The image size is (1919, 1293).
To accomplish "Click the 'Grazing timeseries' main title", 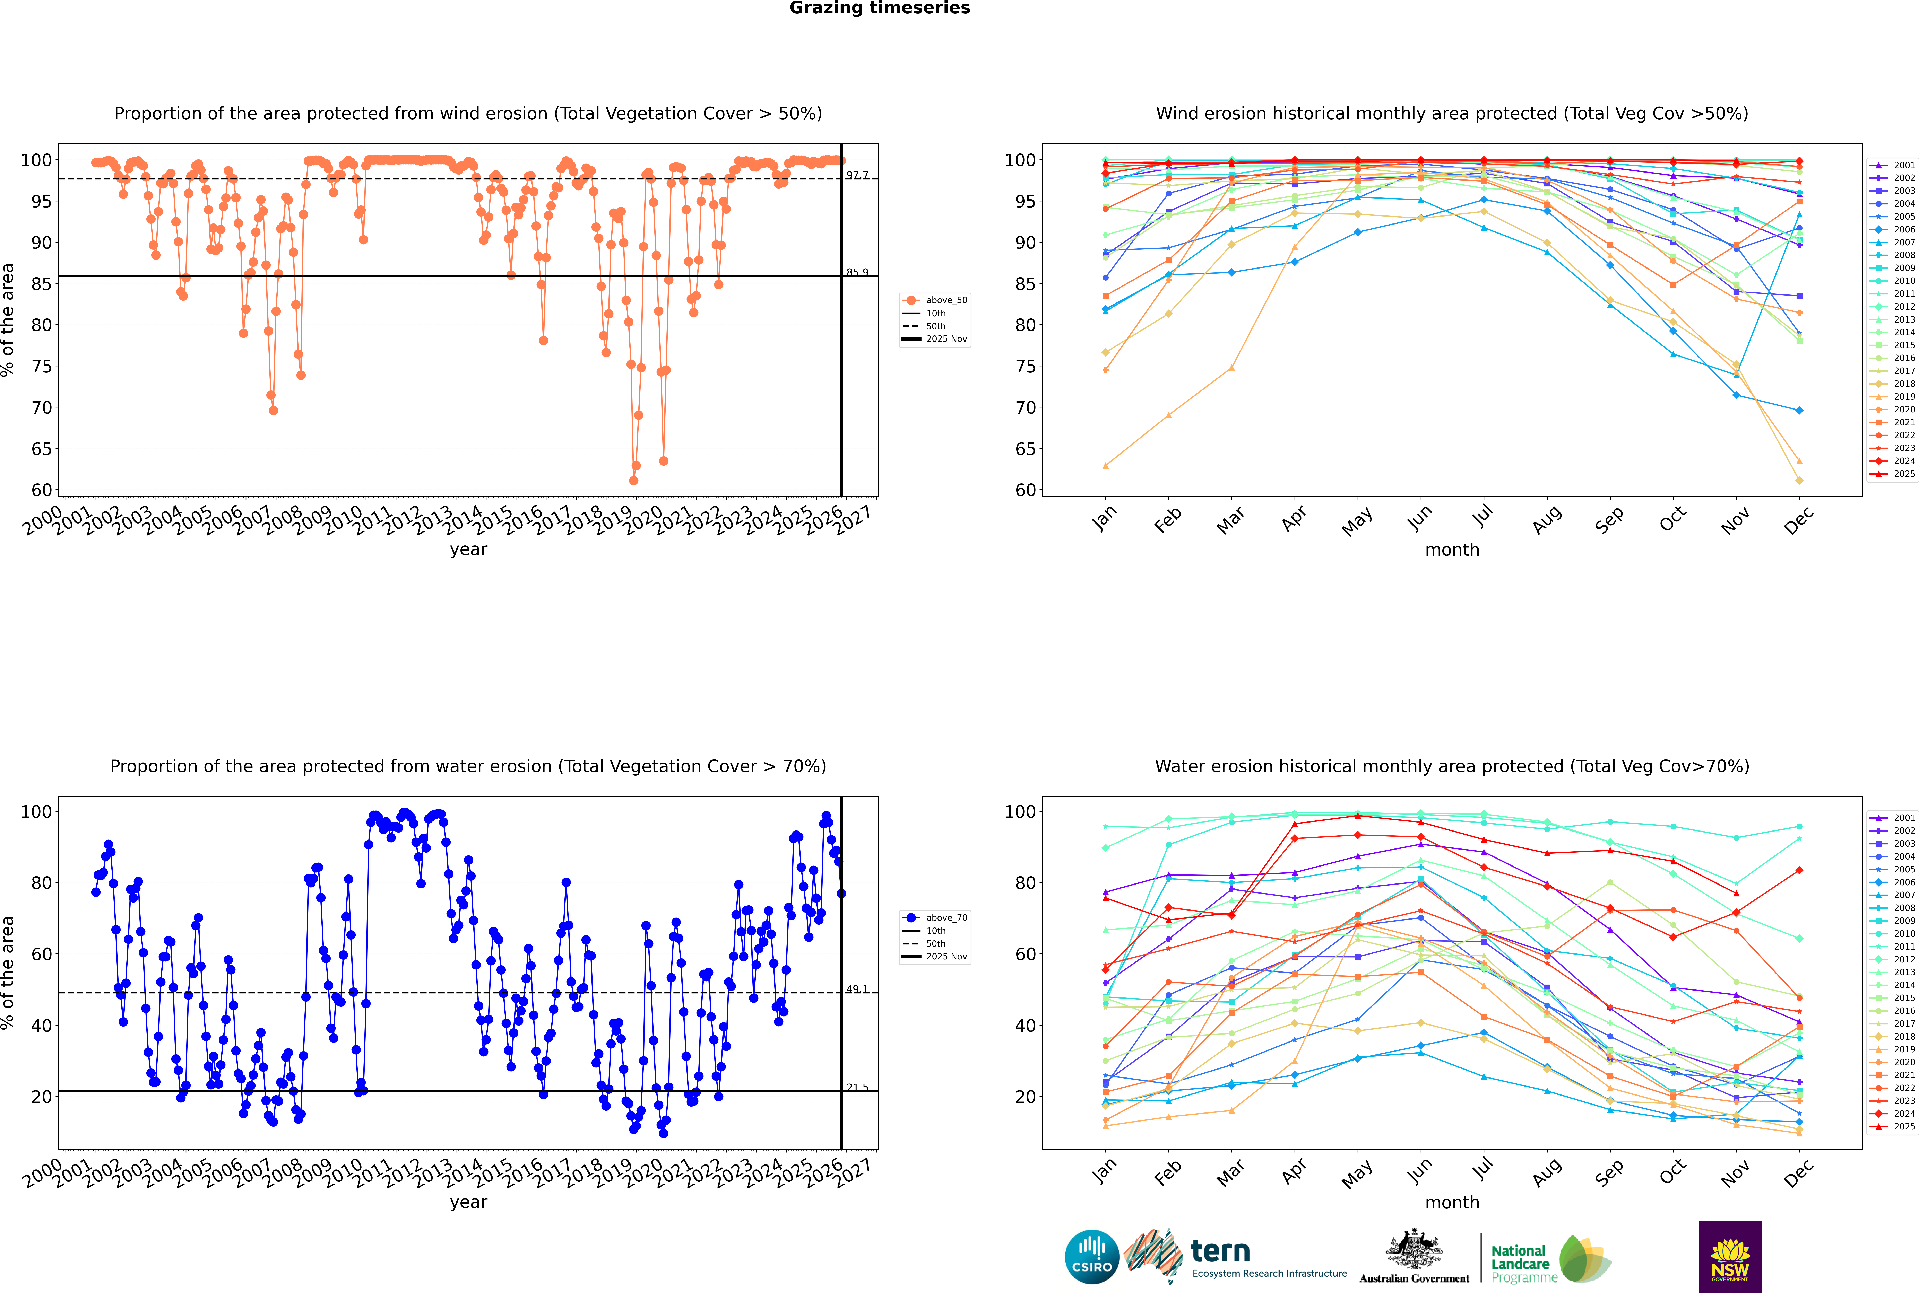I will pyautogui.click(x=880, y=8).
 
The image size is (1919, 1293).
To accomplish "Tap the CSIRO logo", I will pyautogui.click(x=1091, y=1257).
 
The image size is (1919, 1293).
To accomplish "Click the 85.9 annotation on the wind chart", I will pyautogui.click(x=857, y=272).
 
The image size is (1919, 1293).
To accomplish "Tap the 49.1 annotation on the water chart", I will pyautogui.click(x=857, y=989).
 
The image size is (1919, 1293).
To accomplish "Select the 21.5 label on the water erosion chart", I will pyautogui.click(x=857, y=1088).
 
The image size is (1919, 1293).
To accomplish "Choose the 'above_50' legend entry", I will pyautogui.click(x=945, y=300).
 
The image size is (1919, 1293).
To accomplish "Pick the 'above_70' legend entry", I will pyautogui.click(x=945, y=918).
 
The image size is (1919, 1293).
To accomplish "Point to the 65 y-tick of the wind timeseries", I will pyautogui.click(x=41, y=449).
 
